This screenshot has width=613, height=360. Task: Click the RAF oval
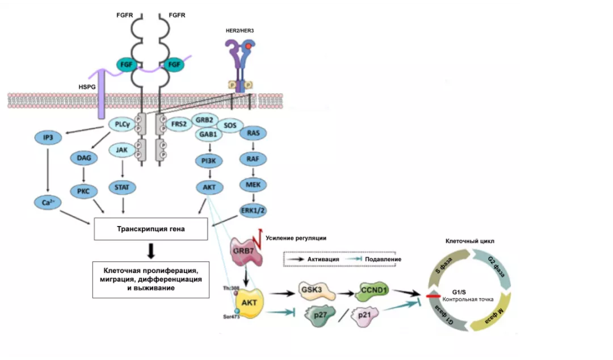254,160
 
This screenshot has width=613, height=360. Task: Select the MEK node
254,185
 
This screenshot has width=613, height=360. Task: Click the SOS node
230,125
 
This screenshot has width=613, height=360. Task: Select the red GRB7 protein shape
245,250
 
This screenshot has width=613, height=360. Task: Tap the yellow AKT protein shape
249,302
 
